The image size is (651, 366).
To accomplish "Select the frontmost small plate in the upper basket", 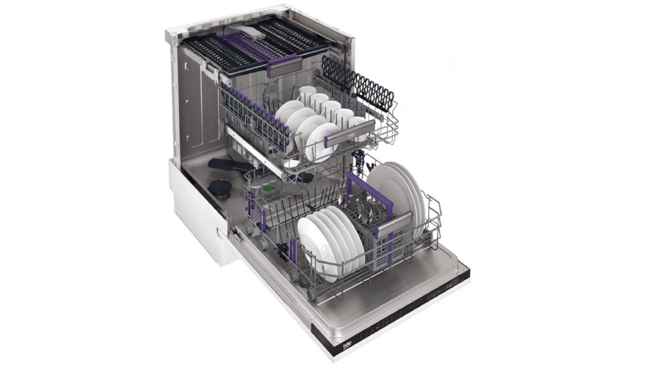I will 322,141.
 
